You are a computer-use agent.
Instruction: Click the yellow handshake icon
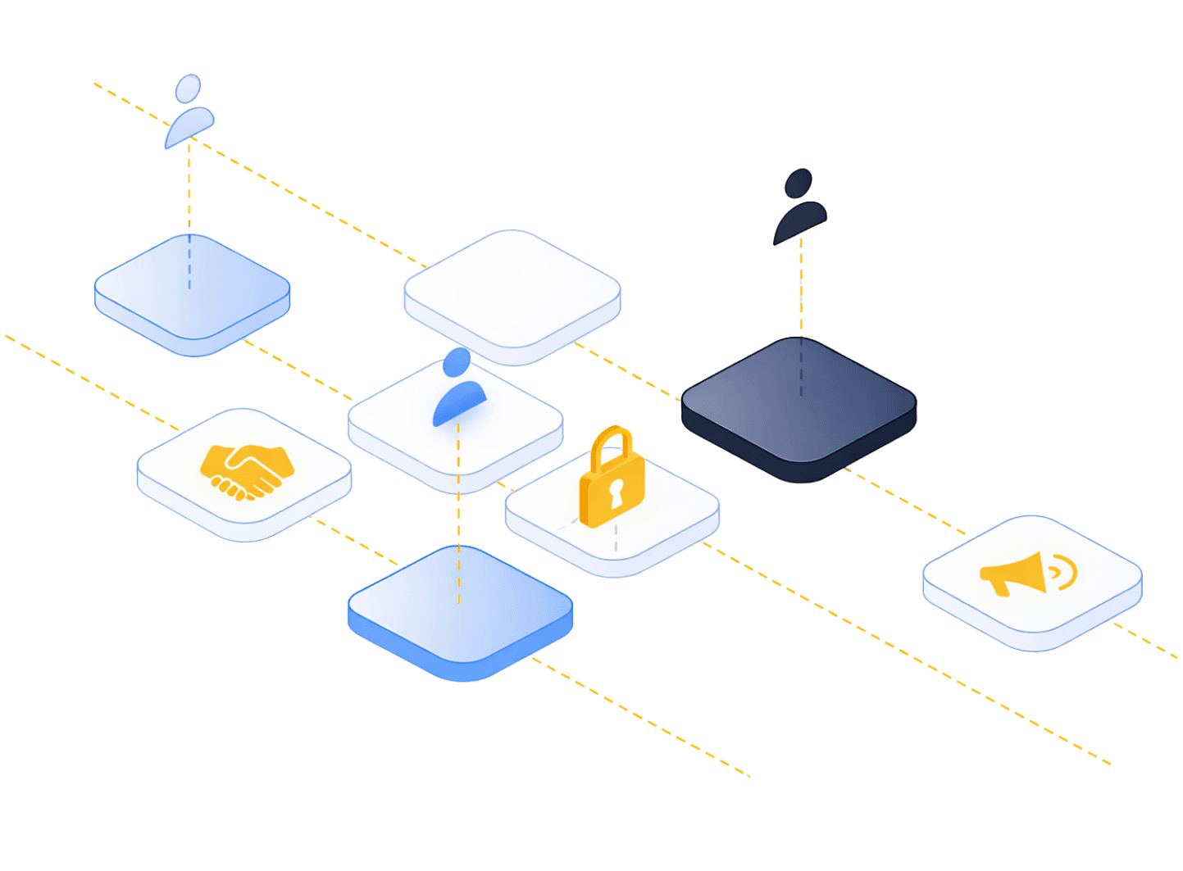(246, 470)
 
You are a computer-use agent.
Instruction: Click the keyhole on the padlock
(616, 494)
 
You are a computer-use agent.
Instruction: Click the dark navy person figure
(799, 209)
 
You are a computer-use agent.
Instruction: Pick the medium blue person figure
(459, 388)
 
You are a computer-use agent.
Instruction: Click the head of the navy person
(799, 183)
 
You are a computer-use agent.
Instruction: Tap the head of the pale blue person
(188, 88)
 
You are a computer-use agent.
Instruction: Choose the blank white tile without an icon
(512, 291)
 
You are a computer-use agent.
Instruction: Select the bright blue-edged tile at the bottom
(460, 610)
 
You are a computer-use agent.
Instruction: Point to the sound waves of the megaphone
(1063, 570)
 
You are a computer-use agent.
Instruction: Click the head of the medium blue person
(457, 361)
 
